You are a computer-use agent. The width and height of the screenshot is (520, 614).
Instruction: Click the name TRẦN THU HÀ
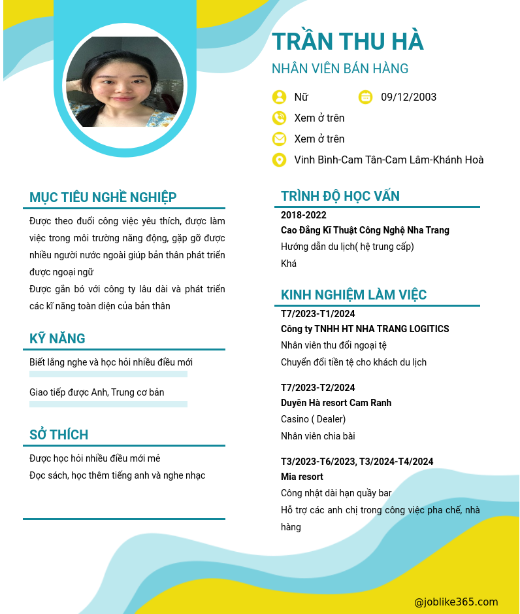(348, 41)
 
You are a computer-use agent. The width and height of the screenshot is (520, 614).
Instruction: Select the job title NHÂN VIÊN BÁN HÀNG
(340, 69)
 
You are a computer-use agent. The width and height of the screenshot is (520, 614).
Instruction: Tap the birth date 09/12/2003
(408, 97)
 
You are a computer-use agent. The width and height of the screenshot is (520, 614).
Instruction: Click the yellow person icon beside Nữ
(279, 97)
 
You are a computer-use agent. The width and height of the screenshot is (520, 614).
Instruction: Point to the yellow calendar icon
(366, 97)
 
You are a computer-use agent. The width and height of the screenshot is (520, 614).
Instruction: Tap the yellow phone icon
(279, 118)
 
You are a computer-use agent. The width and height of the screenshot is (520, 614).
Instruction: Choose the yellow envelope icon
(279, 139)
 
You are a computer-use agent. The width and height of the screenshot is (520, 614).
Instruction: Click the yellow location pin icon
(279, 160)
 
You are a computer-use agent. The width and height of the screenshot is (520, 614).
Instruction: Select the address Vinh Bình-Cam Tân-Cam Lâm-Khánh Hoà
(389, 160)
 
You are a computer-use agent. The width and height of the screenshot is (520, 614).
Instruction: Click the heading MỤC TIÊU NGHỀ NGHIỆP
(103, 197)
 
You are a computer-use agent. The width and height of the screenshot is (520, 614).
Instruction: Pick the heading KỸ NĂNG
(57, 339)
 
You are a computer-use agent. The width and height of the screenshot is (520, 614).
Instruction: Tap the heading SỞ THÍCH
(59, 435)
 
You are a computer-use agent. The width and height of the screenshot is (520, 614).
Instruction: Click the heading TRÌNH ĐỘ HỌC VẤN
(340, 196)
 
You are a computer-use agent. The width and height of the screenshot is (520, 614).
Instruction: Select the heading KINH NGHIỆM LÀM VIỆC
(353, 295)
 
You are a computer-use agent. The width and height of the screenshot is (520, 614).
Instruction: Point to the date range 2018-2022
(304, 215)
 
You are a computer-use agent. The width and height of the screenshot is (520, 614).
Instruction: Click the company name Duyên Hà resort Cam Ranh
(336, 403)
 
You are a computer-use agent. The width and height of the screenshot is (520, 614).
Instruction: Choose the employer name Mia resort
(302, 477)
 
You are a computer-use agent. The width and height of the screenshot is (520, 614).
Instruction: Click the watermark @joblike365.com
(456, 602)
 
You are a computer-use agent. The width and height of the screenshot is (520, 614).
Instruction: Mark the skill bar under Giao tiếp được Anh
(108, 404)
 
